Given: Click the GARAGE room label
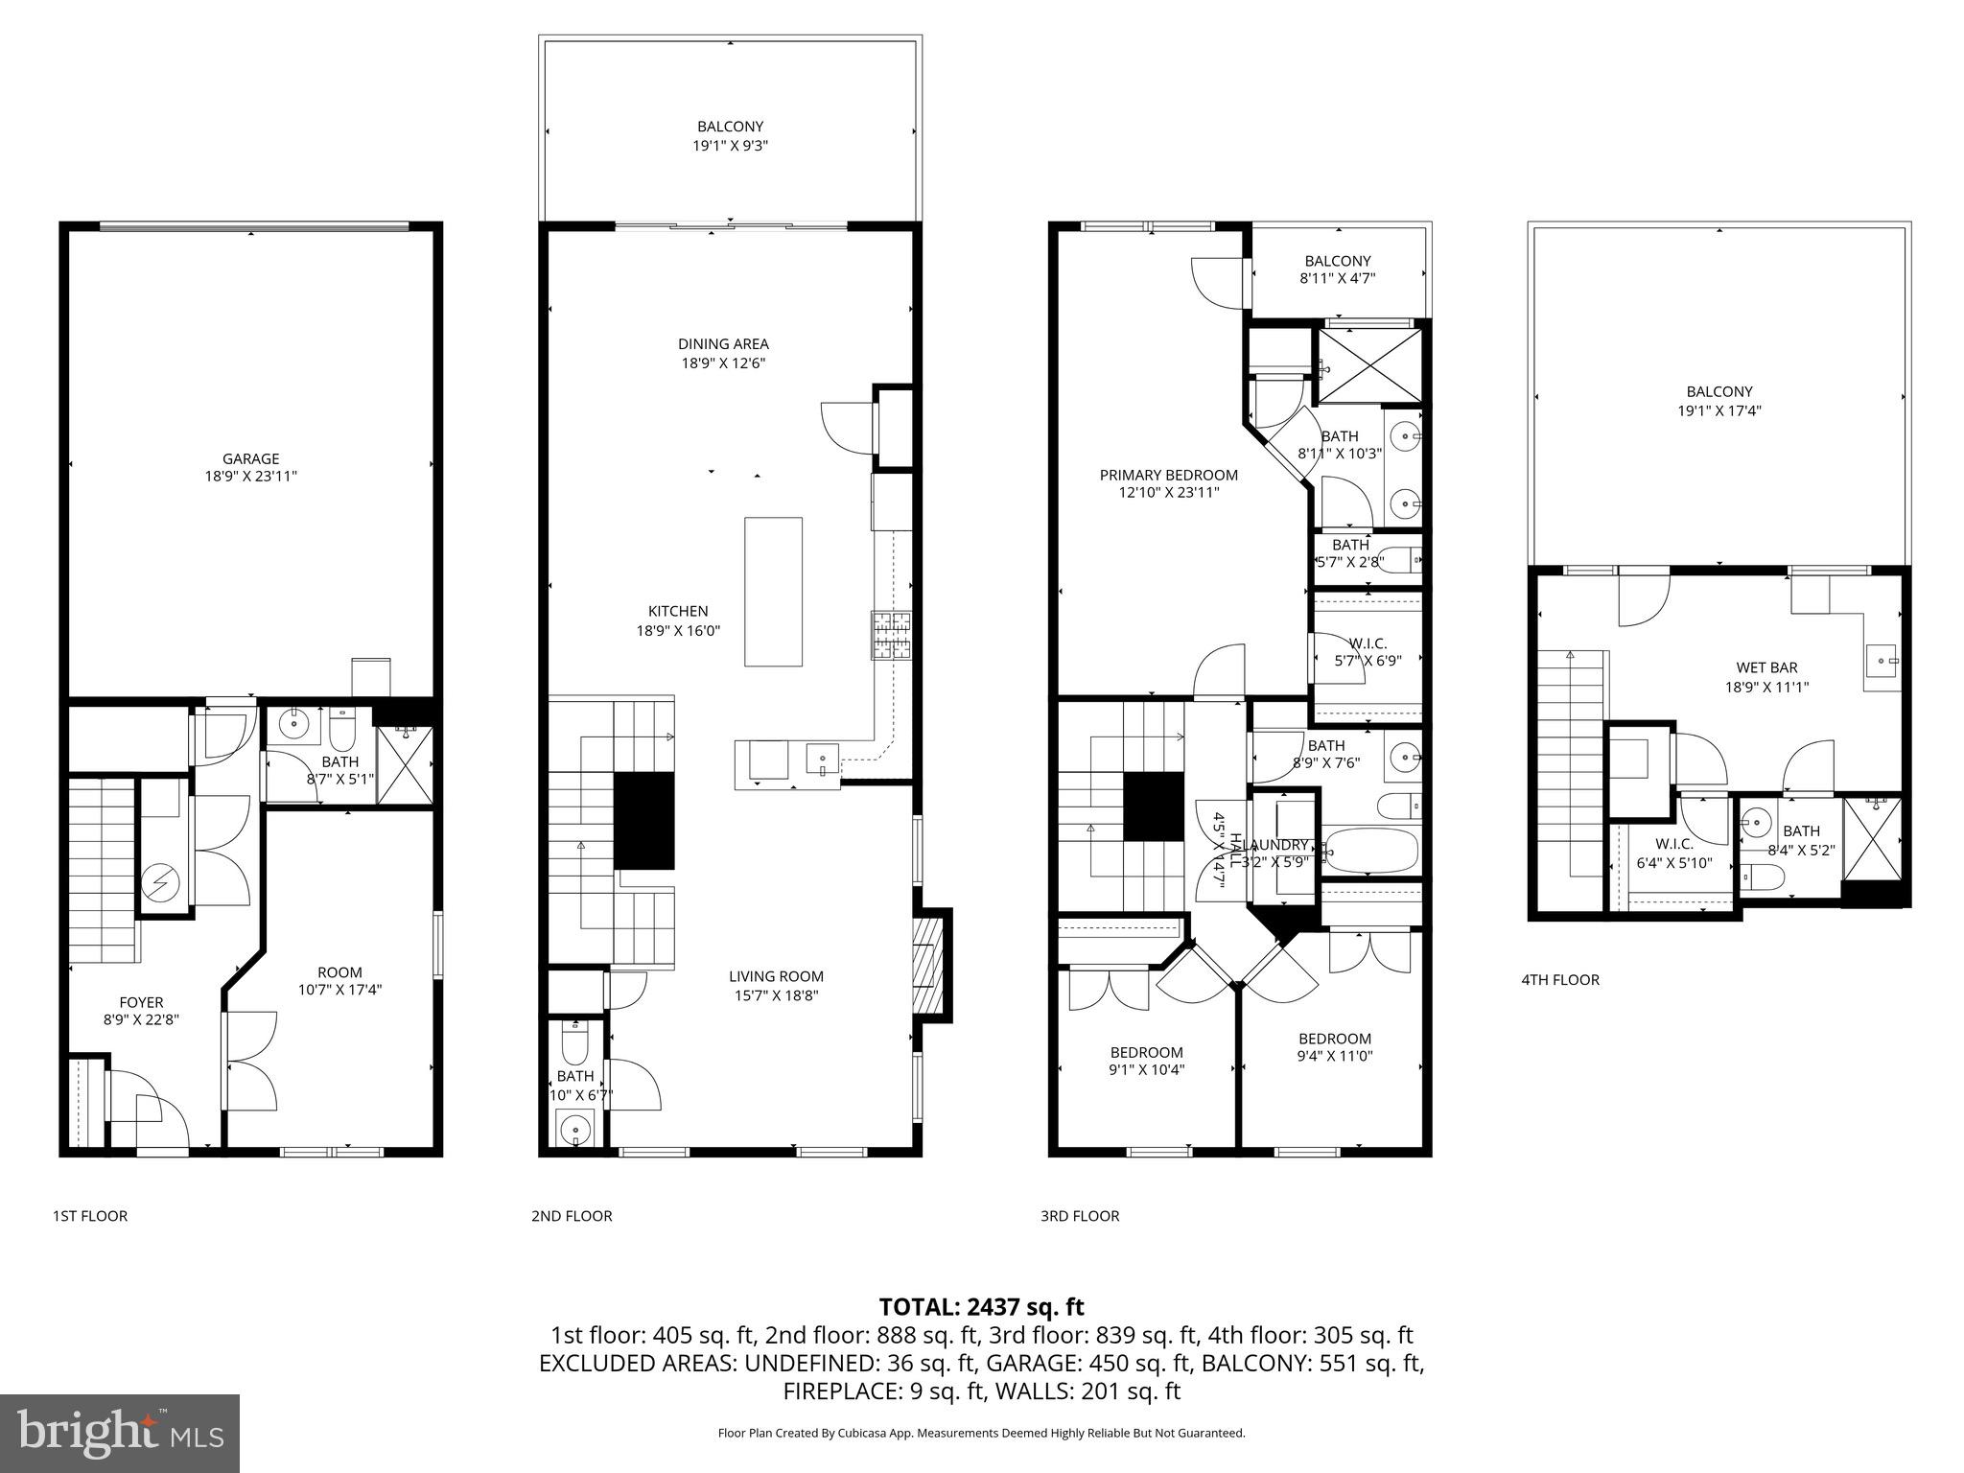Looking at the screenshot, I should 250,458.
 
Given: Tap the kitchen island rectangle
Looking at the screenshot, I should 773,591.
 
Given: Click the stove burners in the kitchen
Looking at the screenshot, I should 891,636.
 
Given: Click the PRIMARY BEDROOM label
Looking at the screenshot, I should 1168,475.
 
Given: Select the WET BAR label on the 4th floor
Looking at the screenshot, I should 1766,667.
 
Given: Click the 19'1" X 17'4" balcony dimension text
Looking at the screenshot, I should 1718,410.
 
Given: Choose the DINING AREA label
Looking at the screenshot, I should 723,343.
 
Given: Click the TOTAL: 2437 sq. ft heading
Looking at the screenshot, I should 981,1306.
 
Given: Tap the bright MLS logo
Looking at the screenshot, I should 120,1434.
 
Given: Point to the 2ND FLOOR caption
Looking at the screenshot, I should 572,1216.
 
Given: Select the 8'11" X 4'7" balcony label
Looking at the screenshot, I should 1337,279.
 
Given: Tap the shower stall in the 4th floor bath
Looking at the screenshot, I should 1870,839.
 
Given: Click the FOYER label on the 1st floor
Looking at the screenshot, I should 141,1002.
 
